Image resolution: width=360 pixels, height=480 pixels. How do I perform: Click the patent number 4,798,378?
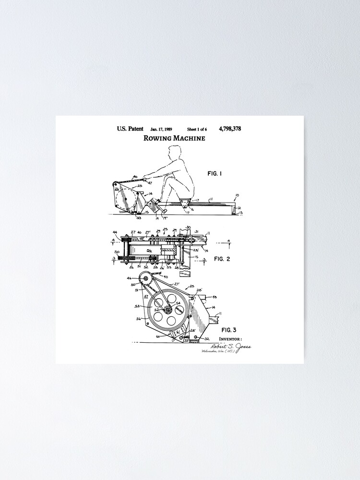(x=229, y=129)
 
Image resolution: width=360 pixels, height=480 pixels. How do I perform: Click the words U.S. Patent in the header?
(x=130, y=129)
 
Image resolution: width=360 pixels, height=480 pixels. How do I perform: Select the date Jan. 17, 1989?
(x=161, y=129)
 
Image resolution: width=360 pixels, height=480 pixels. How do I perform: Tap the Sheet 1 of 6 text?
(x=197, y=129)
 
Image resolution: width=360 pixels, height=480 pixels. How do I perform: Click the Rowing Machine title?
(x=174, y=138)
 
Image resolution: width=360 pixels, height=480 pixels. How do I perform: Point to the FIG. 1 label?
(x=215, y=174)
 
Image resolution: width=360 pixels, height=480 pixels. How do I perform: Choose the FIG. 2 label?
(x=222, y=259)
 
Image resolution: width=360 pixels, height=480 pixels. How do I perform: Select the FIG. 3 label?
(x=228, y=330)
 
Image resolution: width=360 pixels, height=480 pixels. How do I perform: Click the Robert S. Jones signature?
(x=230, y=346)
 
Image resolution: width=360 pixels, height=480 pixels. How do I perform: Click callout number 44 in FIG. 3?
(x=129, y=278)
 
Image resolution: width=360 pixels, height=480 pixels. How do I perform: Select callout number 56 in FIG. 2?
(x=149, y=250)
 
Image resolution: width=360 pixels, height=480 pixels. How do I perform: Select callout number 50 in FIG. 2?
(x=117, y=252)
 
